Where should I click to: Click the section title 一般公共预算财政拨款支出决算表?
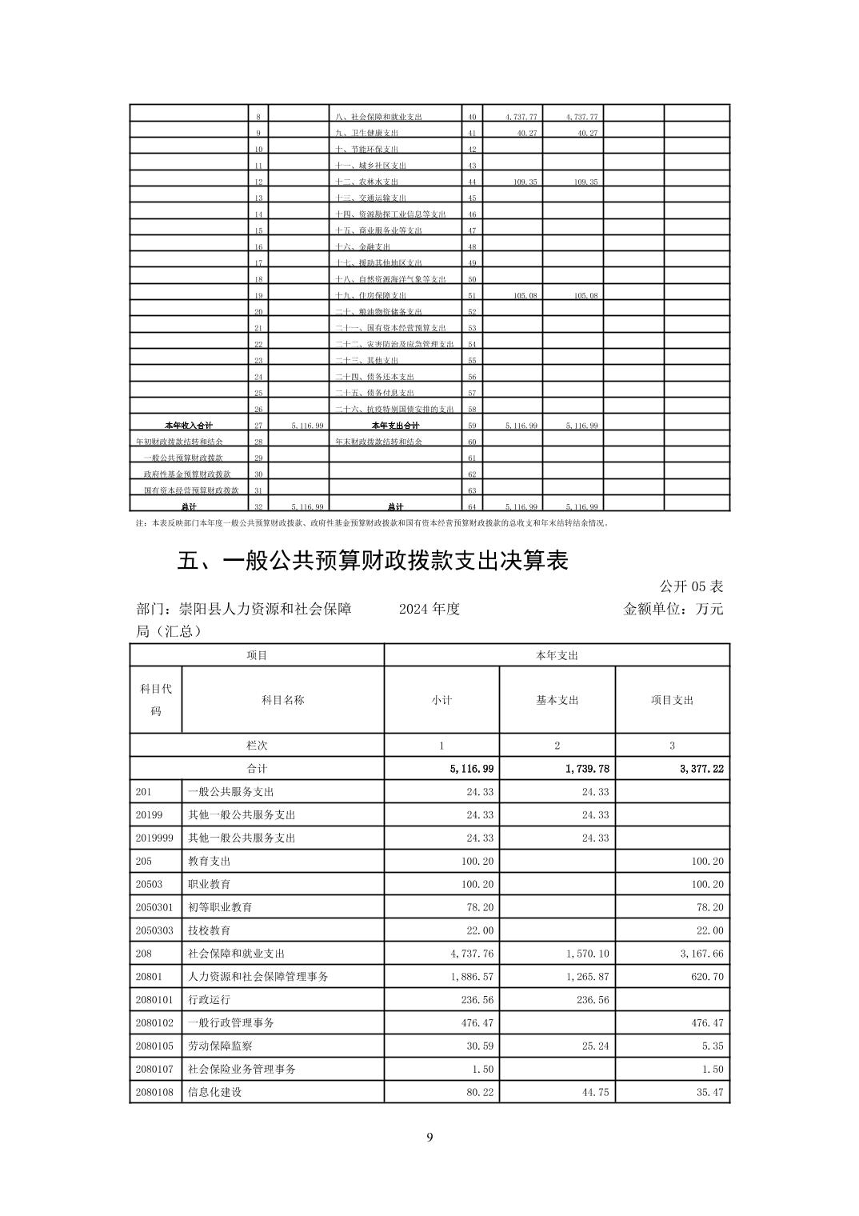coord(373,562)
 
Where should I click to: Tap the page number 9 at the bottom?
coord(429,1138)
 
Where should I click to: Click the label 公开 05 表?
coord(691,586)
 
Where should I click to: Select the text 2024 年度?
coord(429,609)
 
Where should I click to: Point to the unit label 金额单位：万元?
coord(673,609)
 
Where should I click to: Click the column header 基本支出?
coord(557,700)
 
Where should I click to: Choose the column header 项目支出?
coord(672,700)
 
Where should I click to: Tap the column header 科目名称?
coord(282,700)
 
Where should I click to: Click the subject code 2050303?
coord(154,930)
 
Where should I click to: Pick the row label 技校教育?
coord(210,930)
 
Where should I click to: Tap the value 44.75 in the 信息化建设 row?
coord(595,1092)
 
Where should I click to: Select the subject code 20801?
coord(149,977)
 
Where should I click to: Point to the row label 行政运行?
coord(210,1000)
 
